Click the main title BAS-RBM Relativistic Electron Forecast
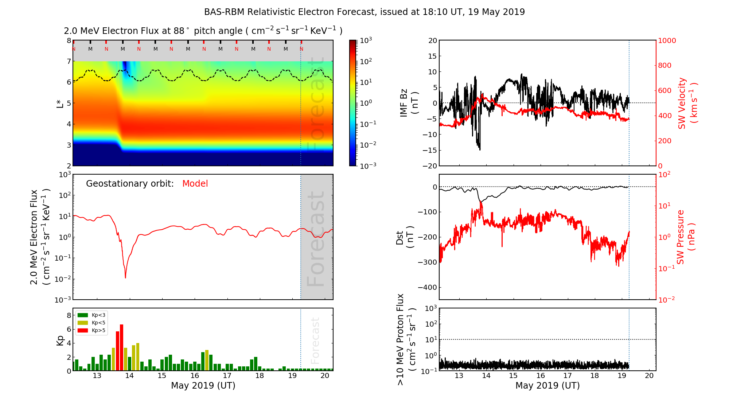tap(364, 12)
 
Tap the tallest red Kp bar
tap(122, 347)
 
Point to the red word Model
tap(195, 184)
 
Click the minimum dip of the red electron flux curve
tap(125, 278)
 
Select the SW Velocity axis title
tap(687, 103)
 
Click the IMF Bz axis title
tap(409, 103)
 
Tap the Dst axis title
tap(405, 237)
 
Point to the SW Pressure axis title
tap(686, 237)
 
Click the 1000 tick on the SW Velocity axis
tap(667, 41)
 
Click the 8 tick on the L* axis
tap(69, 40)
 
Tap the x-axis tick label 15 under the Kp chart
tap(161, 376)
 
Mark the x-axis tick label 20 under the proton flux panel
tap(649, 376)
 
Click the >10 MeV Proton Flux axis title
tap(405, 339)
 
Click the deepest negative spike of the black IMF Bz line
tap(480, 149)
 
